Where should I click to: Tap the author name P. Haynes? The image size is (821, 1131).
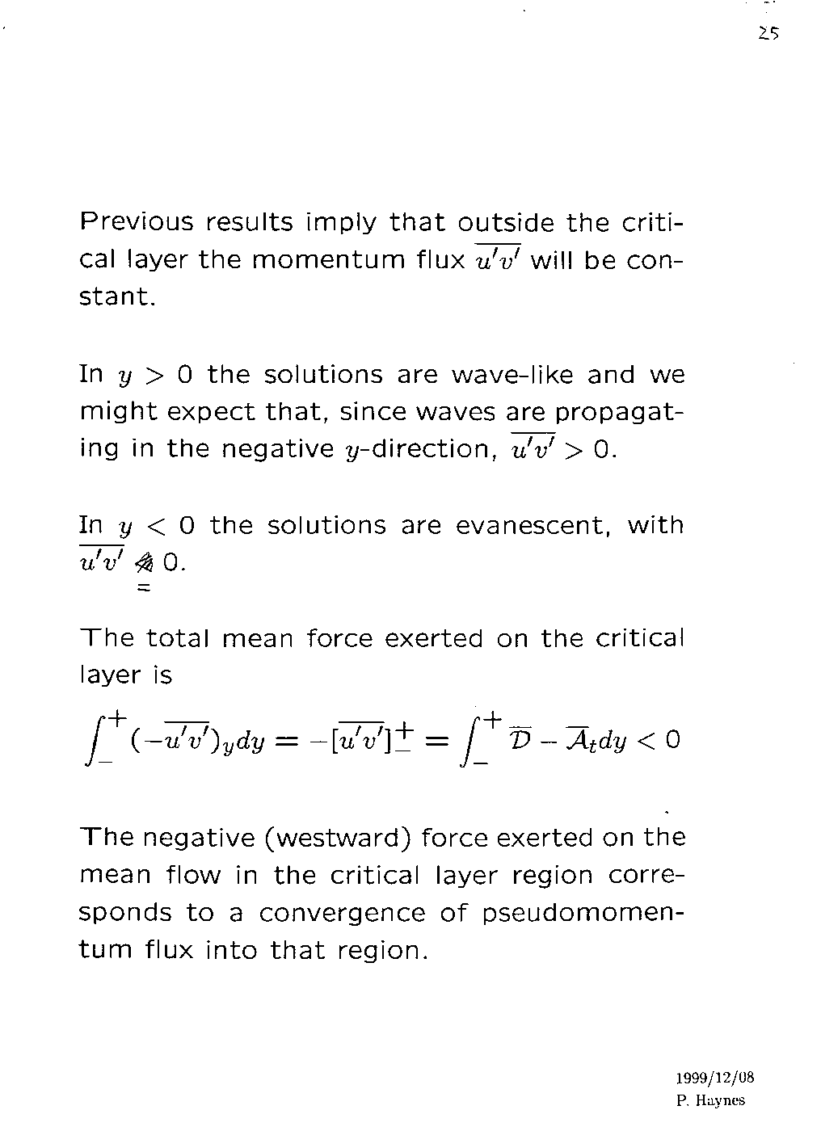pyautogui.click(x=709, y=1099)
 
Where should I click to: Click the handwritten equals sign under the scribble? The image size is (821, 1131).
pyautogui.click(x=144, y=590)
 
